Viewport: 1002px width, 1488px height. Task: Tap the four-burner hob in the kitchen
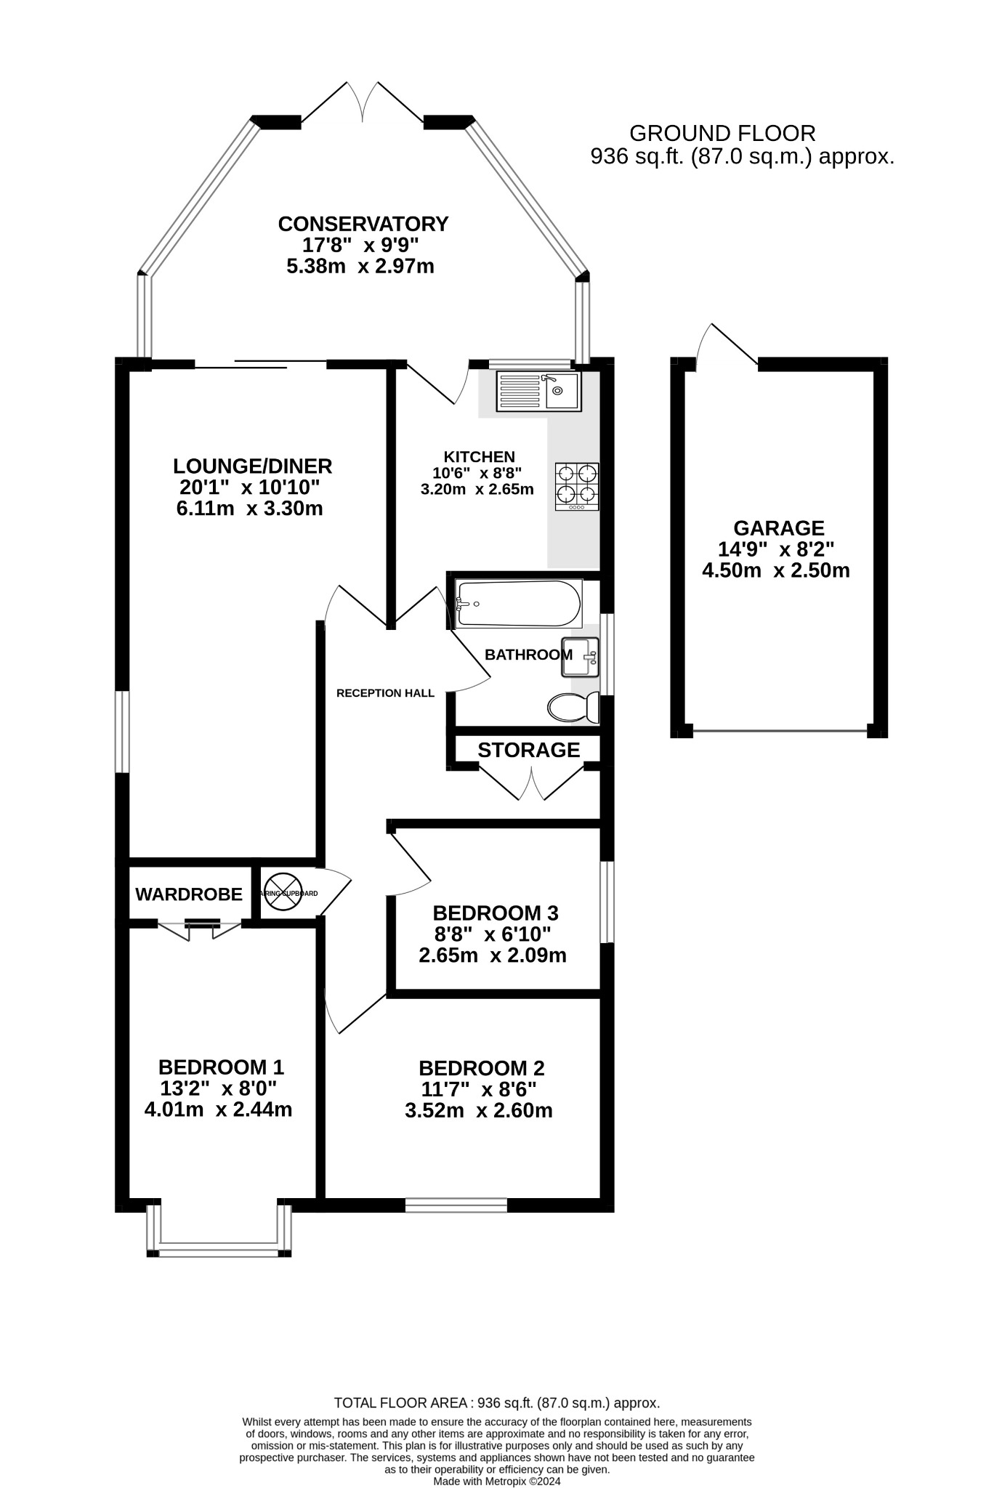(x=578, y=486)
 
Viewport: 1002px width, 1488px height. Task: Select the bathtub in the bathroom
(x=518, y=603)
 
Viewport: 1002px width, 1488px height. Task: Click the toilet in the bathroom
(x=573, y=707)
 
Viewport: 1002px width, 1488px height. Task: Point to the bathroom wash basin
(x=580, y=658)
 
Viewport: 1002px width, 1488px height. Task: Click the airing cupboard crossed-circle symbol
(x=281, y=893)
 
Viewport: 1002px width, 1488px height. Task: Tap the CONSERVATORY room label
(x=363, y=224)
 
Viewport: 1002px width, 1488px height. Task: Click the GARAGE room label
(x=778, y=528)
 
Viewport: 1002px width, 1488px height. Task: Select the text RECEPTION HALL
(x=385, y=693)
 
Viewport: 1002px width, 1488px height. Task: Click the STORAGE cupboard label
(x=528, y=750)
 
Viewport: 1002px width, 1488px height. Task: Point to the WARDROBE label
(x=189, y=894)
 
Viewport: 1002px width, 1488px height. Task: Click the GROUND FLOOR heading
(x=722, y=134)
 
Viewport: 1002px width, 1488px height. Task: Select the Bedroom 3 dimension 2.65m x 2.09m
(x=492, y=955)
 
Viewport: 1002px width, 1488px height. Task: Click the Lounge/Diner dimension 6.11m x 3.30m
(x=249, y=509)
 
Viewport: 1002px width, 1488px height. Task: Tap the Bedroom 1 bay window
(x=219, y=1251)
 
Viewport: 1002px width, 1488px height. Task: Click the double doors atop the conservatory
(x=362, y=102)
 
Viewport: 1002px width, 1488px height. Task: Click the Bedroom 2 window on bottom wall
(x=456, y=1205)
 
